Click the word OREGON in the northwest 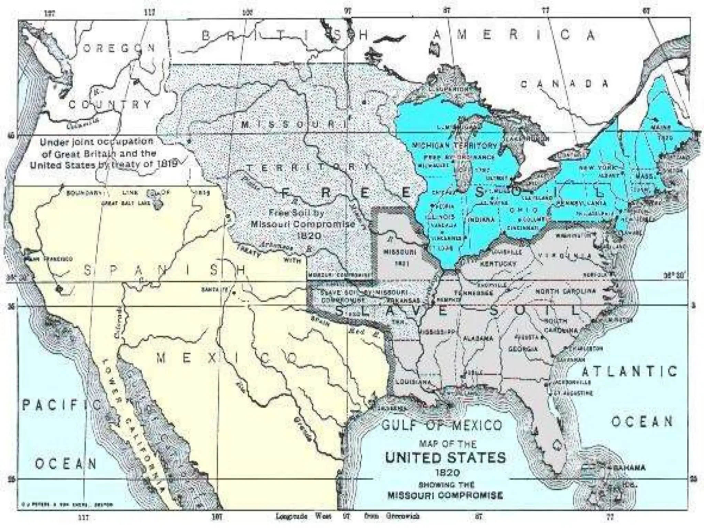pos(119,48)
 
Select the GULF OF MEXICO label pos(442,426)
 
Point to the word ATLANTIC pos(629,371)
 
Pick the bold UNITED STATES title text pos(445,458)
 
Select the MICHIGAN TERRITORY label pos(454,145)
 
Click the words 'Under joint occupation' pos(97,142)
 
